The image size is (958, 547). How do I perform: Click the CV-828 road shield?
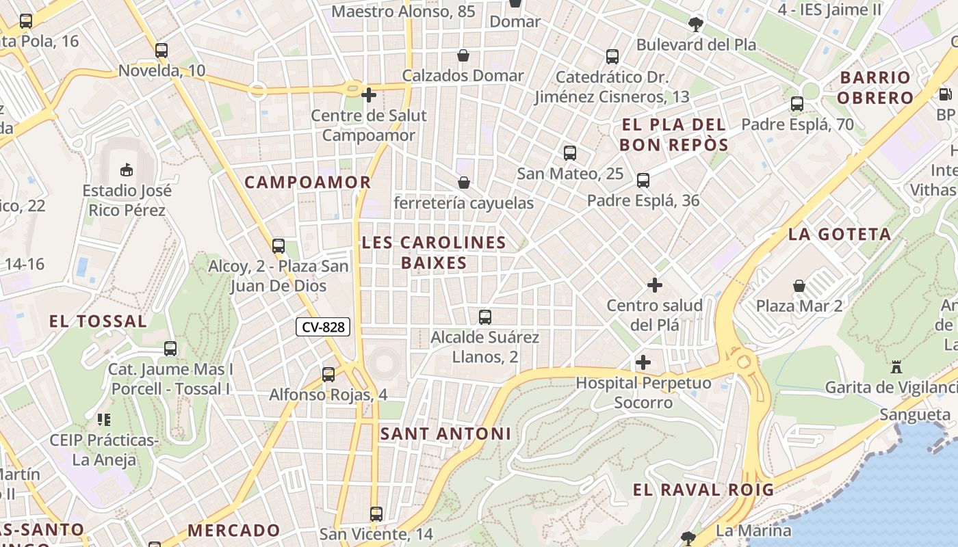323,328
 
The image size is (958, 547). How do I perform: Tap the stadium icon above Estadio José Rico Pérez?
127,169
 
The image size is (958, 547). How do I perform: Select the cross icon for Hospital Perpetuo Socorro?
643,362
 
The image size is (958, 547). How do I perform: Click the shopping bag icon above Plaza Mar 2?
799,285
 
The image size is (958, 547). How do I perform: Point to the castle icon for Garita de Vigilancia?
896,367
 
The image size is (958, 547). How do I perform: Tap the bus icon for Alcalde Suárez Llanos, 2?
485,317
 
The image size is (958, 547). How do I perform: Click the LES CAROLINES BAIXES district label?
434,252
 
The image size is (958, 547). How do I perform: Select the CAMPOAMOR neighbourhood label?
308,183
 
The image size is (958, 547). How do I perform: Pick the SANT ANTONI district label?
445,433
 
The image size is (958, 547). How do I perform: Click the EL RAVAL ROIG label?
703,490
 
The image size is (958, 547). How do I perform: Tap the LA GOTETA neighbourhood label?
840,235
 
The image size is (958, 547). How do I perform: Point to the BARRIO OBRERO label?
875,88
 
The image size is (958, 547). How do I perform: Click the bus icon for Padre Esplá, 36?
643,180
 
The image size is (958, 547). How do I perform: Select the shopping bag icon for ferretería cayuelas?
464,183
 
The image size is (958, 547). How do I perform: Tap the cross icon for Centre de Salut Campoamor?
369,95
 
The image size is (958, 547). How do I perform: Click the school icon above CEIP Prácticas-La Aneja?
104,419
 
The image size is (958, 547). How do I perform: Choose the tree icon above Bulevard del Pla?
696,25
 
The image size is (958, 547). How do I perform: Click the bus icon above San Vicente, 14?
376,513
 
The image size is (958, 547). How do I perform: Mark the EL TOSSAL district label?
98,321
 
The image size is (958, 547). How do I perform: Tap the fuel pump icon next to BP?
945,94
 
